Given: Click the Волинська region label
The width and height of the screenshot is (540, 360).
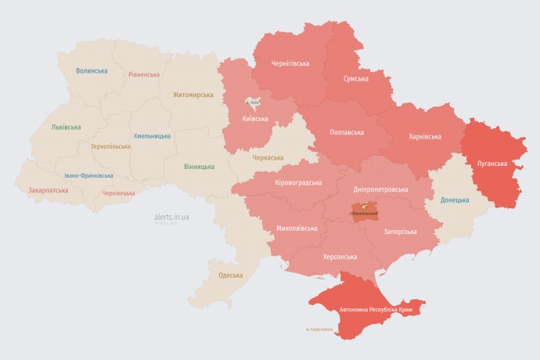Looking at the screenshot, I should click(x=92, y=71).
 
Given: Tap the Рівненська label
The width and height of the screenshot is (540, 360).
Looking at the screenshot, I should click(x=144, y=75).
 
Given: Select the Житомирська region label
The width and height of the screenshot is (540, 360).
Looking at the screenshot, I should click(x=193, y=95).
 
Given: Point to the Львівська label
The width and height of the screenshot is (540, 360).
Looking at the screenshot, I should click(x=66, y=127).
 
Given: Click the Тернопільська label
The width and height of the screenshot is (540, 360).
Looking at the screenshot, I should click(x=110, y=146).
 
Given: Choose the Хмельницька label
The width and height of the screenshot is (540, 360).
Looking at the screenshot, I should click(x=152, y=135).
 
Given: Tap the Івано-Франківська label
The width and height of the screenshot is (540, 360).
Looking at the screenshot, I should click(x=88, y=175).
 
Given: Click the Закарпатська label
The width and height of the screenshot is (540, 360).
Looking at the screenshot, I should click(x=47, y=190).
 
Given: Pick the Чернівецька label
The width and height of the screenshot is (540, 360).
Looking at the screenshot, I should click(x=119, y=192).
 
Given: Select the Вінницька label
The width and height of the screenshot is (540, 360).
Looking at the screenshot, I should click(x=199, y=167).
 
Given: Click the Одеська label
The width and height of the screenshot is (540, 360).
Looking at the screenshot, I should click(x=230, y=275).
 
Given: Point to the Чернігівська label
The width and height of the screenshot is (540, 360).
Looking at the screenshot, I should click(x=290, y=63).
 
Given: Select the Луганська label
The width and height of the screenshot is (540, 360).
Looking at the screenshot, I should click(x=491, y=164).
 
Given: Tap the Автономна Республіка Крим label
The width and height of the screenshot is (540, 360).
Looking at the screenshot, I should click(x=376, y=310).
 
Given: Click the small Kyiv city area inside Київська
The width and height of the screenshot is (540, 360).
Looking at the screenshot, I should click(x=253, y=103).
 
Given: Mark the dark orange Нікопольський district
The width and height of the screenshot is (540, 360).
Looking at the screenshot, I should click(x=363, y=211).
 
